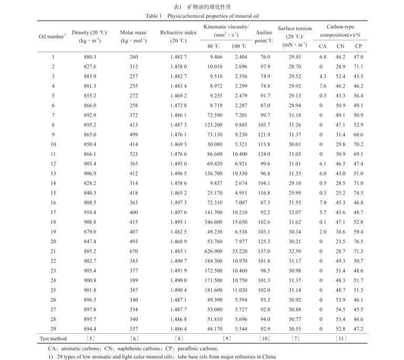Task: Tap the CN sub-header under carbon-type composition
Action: tap(340, 46)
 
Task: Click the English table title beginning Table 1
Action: tap(202, 16)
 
